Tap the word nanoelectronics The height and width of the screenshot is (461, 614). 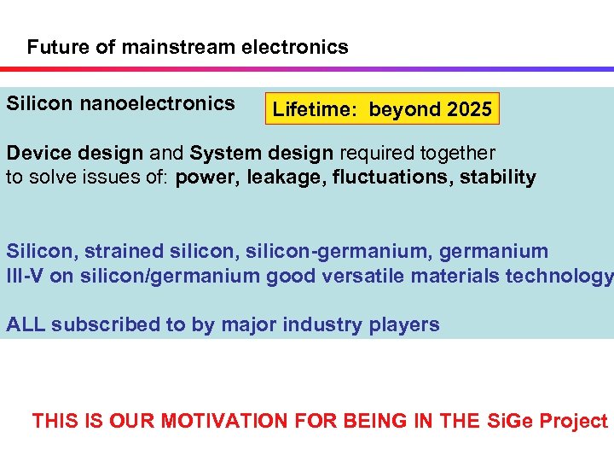[157, 104]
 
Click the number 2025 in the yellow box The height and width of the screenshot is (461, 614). [467, 110]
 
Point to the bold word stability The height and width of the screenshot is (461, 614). [497, 178]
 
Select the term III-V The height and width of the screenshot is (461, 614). [26, 276]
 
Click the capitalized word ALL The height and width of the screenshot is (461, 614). [26, 324]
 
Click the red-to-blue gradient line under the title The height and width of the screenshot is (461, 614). [307, 69]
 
